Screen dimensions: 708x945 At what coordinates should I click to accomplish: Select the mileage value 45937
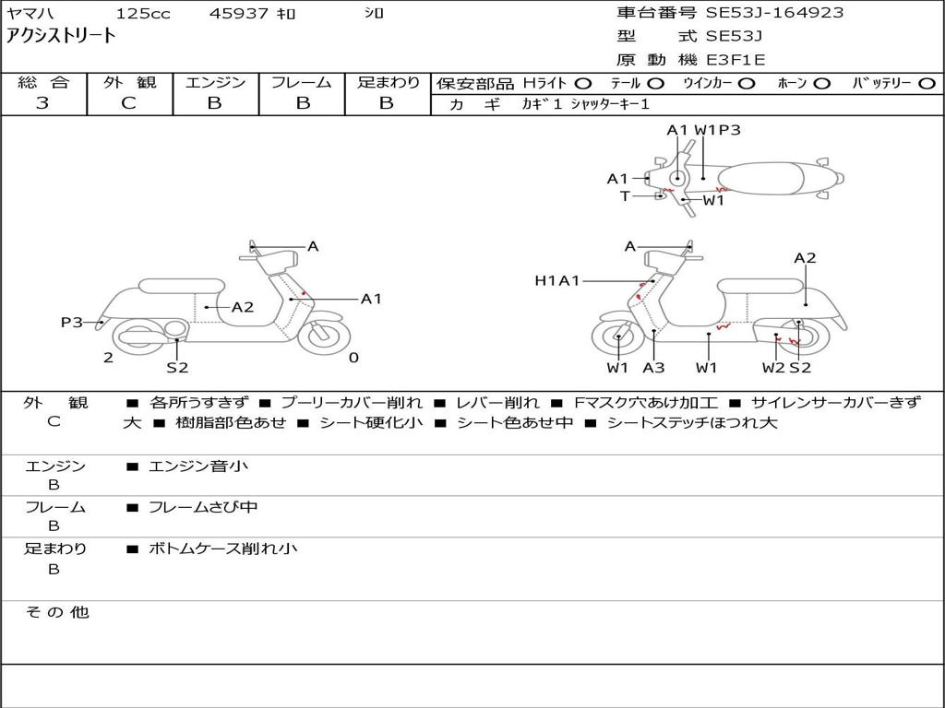[x=237, y=14]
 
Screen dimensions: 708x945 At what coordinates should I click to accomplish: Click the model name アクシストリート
[x=62, y=36]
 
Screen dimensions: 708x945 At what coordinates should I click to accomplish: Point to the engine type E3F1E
[x=736, y=60]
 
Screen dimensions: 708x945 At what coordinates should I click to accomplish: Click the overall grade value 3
[x=42, y=103]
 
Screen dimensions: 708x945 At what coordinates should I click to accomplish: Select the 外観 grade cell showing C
[x=129, y=103]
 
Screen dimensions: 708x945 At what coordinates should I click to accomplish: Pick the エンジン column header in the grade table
[x=215, y=82]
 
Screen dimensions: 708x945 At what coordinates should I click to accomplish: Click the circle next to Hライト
[x=583, y=83]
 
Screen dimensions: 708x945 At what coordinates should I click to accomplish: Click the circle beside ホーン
[x=822, y=83]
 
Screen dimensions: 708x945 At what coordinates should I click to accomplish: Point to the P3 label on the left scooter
[x=71, y=322]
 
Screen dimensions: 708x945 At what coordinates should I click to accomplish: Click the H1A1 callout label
[x=556, y=280]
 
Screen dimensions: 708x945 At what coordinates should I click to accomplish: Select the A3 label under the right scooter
[x=653, y=368]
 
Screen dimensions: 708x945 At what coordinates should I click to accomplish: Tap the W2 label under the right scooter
[x=772, y=368]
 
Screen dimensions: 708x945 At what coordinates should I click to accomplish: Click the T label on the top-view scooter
[x=625, y=196]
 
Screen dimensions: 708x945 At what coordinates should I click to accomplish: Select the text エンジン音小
[x=197, y=466]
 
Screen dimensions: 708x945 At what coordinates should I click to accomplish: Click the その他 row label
[x=56, y=611]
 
